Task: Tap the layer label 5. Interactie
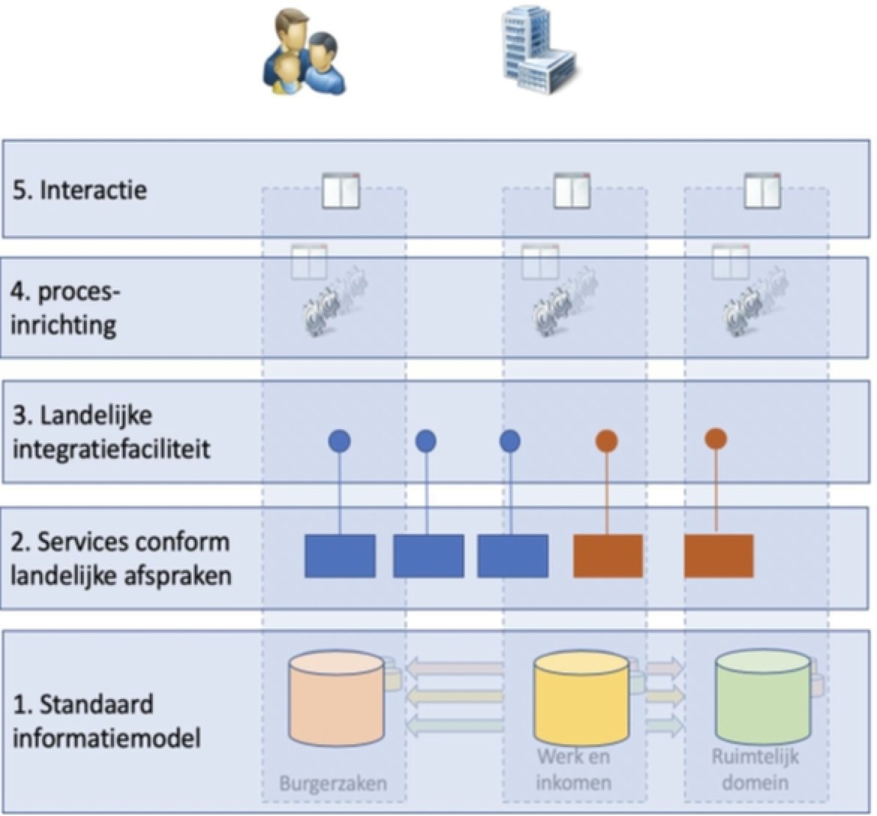pyautogui.click(x=80, y=190)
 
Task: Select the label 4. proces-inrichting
pyautogui.click(x=64, y=308)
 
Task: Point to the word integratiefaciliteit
pyautogui.click(x=111, y=449)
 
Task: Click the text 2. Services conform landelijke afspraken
pyautogui.click(x=121, y=558)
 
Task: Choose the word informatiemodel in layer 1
pyautogui.click(x=107, y=738)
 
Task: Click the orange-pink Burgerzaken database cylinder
pyautogui.click(x=337, y=698)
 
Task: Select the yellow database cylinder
pyautogui.click(x=581, y=698)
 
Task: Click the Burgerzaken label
pyautogui.click(x=333, y=782)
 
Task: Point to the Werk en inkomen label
pyautogui.click(x=574, y=769)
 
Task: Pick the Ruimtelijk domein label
pyautogui.click(x=755, y=769)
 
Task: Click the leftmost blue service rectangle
pyautogui.click(x=340, y=556)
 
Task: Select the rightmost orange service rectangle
pyautogui.click(x=719, y=556)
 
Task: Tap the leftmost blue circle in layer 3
pyautogui.click(x=339, y=441)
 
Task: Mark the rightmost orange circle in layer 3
pyautogui.click(x=716, y=438)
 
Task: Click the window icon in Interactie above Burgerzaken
pyautogui.click(x=340, y=191)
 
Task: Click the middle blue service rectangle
pyautogui.click(x=428, y=556)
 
